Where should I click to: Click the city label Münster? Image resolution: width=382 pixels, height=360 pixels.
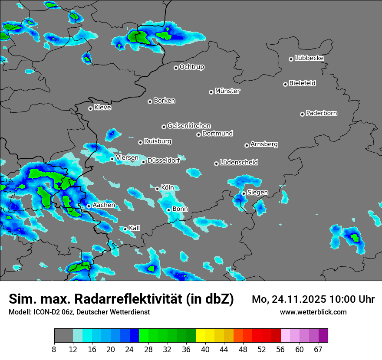coord(227,91)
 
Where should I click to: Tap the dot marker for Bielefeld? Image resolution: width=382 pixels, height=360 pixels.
coord(285,84)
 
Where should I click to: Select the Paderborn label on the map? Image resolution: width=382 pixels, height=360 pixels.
coord(322,113)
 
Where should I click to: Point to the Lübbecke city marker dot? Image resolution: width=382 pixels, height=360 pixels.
coord(291,59)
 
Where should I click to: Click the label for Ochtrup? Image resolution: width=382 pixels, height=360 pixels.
coord(192,67)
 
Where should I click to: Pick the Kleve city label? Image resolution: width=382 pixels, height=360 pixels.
coord(103,108)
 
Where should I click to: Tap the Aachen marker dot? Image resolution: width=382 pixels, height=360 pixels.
coord(89,206)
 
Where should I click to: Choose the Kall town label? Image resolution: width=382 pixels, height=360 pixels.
coord(135,228)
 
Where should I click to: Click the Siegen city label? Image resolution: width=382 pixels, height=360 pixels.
coord(258,192)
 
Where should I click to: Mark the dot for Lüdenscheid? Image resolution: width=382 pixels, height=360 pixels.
coord(216,164)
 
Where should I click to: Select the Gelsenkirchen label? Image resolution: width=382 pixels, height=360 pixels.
coord(189,126)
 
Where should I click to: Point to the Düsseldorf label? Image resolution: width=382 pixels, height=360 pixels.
coord(164,161)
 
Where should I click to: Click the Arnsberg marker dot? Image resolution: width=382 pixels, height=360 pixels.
coord(247,145)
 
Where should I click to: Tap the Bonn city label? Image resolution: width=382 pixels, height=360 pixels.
coord(180,209)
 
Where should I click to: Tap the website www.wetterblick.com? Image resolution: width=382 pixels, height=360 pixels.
coord(313,312)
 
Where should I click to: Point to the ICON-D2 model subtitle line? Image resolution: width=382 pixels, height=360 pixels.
coord(79,312)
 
